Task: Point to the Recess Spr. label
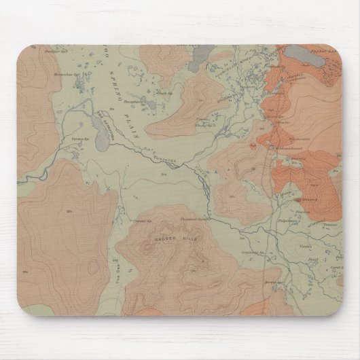tap(272, 278)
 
